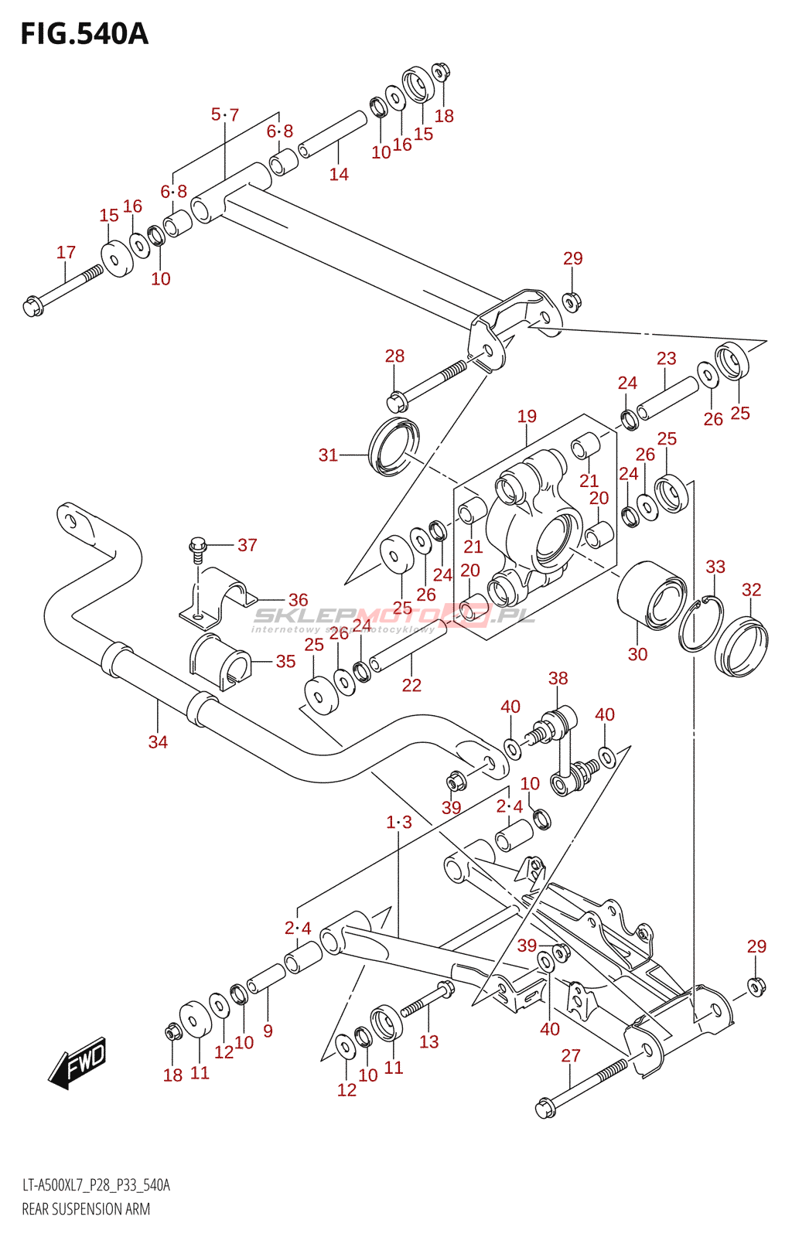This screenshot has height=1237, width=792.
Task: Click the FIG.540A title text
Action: [84, 34]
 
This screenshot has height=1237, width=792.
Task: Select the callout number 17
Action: [66, 252]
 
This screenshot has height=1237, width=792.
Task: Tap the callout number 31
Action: [328, 455]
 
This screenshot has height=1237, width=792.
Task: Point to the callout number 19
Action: [527, 416]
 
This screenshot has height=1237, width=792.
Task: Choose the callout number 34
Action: [158, 741]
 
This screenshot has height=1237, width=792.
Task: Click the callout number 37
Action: [247, 545]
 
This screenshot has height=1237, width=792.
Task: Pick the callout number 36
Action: [299, 600]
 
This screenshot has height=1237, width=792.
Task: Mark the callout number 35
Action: [285, 661]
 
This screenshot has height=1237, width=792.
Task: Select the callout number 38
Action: [558, 678]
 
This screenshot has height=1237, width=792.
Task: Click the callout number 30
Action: [637, 654]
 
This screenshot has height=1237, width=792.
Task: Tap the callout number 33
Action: [715, 567]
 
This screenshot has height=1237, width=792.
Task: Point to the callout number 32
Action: [751, 590]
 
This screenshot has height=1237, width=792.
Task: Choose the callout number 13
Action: [429, 1041]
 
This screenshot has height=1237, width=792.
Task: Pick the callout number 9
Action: [268, 1031]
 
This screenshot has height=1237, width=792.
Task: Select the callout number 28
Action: [395, 356]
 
